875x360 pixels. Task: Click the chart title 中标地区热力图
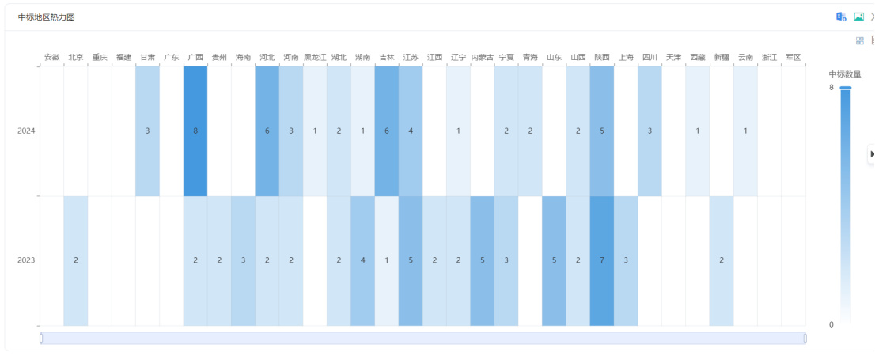click(47, 17)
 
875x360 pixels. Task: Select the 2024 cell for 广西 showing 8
click(195, 131)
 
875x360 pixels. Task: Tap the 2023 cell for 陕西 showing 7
click(602, 260)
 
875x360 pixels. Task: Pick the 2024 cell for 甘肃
click(147, 131)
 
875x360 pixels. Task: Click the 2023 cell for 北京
click(76, 260)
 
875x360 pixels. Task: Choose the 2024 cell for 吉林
click(387, 131)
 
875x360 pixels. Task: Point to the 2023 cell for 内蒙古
click(483, 260)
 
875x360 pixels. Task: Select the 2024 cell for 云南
click(745, 131)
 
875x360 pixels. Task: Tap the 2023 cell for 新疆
click(722, 260)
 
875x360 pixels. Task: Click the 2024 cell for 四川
click(650, 131)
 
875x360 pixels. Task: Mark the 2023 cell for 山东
click(554, 260)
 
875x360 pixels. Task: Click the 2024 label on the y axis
click(26, 131)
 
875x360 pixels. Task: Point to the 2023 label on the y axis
click(26, 260)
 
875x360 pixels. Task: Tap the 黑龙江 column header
click(315, 57)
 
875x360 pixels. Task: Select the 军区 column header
click(793, 57)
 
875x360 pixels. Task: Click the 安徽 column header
click(52, 57)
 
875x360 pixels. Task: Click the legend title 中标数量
click(845, 74)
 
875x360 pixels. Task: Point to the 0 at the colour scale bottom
click(831, 324)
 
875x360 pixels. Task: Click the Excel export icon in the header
click(841, 17)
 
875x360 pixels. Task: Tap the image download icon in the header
click(858, 17)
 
